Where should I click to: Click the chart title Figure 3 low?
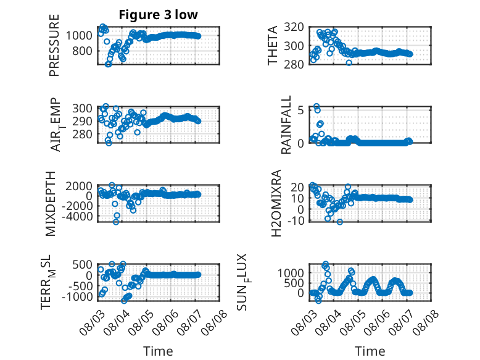pyautogui.click(x=159, y=15)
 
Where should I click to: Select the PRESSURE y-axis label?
pyautogui.click(x=54, y=45)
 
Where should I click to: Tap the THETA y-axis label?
pyautogui.click(x=272, y=45)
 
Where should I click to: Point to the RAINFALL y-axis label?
pyautogui.click(x=286, y=125)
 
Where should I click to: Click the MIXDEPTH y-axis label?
pyautogui.click(x=50, y=204)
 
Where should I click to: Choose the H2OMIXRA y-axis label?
pyautogui.click(x=276, y=203)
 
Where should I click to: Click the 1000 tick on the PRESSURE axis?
pyautogui.click(x=79, y=36)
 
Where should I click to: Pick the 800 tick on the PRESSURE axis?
pyautogui.click(x=82, y=51)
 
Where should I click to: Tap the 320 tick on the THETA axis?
pyautogui.click(x=294, y=27)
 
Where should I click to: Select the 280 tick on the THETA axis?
pyautogui.click(x=294, y=64)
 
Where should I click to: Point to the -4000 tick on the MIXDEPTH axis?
pyautogui.click(x=77, y=216)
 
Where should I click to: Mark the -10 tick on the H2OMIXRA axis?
pyautogui.click(x=296, y=220)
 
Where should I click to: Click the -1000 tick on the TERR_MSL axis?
pyautogui.click(x=77, y=296)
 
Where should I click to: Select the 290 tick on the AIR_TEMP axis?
pyautogui.click(x=82, y=121)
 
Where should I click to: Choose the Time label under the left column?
pyautogui.click(x=159, y=351)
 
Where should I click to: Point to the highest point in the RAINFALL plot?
pyautogui.click(x=317, y=106)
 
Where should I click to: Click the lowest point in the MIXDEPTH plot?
pyautogui.click(x=116, y=222)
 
